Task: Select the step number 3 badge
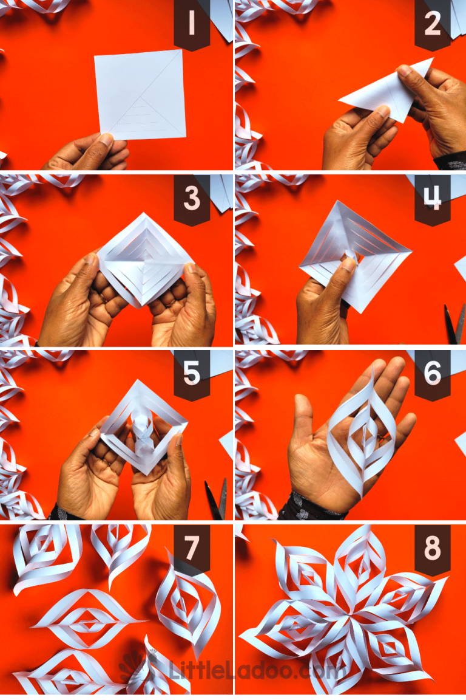[x=191, y=199]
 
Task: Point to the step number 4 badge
[x=432, y=199]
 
